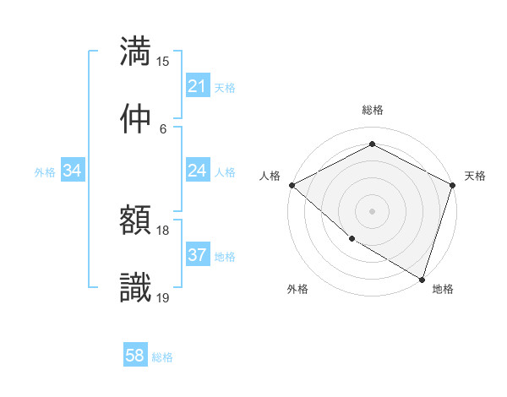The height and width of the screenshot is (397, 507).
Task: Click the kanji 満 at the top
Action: (135, 51)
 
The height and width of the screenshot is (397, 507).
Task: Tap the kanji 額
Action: (135, 220)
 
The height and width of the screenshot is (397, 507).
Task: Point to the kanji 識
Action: (135, 287)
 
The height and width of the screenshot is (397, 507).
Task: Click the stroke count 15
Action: (163, 62)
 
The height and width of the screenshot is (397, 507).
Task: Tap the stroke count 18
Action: (163, 231)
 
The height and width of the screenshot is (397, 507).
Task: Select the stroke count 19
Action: (163, 297)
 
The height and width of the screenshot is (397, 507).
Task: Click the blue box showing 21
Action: (197, 85)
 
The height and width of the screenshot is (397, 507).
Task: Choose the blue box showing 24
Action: (197, 171)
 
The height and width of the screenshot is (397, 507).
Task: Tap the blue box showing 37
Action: (197, 255)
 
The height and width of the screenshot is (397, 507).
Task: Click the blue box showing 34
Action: (73, 171)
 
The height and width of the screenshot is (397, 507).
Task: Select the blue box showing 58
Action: (135, 356)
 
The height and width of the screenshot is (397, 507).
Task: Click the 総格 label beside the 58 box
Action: (162, 357)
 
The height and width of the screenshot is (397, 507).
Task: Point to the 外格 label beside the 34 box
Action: (45, 171)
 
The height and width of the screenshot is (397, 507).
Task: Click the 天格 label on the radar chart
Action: (476, 176)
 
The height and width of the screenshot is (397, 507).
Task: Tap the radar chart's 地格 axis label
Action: (443, 290)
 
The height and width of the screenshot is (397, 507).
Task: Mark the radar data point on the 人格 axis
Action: (292, 185)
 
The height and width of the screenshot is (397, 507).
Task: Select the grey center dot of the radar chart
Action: (372, 210)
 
